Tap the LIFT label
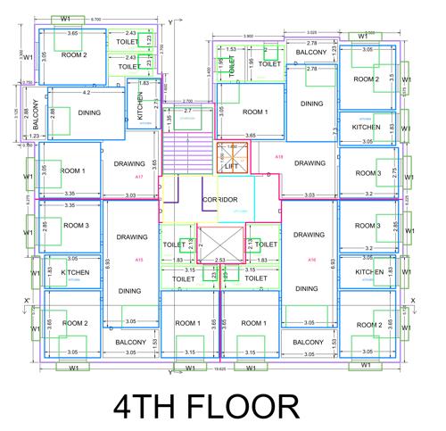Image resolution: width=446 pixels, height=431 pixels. click(x=232, y=166)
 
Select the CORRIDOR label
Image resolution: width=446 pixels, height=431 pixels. click(x=219, y=200)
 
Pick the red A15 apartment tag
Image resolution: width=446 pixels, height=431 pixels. click(x=138, y=260)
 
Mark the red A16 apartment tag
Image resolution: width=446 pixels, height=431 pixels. click(x=311, y=260)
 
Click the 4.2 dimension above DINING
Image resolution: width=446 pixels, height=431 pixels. click(x=86, y=93)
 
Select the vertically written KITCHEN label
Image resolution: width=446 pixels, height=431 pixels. click(x=140, y=111)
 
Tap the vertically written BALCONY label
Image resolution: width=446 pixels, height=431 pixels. click(x=36, y=118)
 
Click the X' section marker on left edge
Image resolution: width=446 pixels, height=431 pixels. click(x=28, y=300)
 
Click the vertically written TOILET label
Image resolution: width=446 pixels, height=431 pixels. click(x=231, y=65)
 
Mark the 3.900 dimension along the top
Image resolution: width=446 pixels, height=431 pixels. click(x=247, y=36)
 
